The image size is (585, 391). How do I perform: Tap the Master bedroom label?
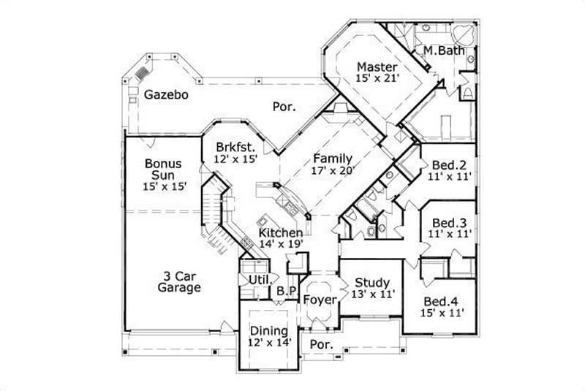[377, 67]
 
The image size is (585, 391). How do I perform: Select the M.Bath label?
[441, 50]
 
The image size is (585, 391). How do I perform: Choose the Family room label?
[333, 159]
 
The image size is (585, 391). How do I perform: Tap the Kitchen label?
[280, 232]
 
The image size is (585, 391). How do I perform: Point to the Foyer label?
[320, 299]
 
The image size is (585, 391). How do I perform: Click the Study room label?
[372, 283]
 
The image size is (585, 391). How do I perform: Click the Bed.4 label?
[444, 301]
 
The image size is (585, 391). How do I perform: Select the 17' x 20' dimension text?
[333, 170]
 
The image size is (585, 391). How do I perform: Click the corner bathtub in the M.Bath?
[463, 35]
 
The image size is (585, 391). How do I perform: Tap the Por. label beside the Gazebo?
[284, 107]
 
